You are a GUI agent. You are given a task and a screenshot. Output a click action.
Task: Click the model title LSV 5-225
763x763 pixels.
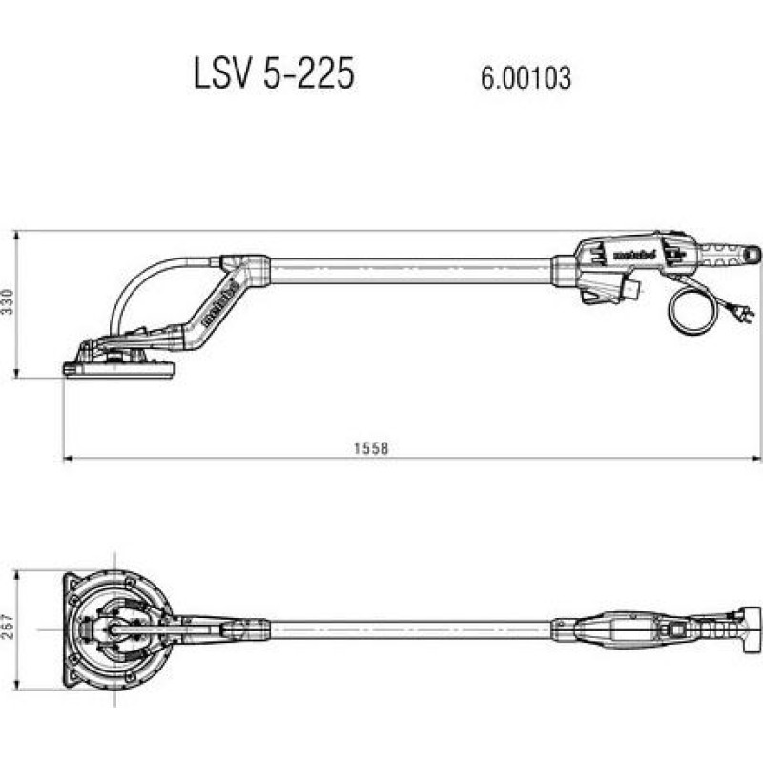coord(275,73)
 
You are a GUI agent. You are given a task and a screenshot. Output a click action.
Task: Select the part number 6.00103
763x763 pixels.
coord(526,78)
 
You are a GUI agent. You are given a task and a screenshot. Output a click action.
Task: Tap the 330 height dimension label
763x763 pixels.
coord(8,301)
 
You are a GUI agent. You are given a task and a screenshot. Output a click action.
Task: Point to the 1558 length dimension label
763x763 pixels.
coord(371,448)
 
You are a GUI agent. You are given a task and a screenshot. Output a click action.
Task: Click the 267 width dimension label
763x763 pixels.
coord(8,627)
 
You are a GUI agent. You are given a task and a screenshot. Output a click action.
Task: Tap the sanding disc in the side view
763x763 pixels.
coord(119,370)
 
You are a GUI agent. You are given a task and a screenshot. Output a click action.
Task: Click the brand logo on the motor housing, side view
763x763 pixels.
coord(634,254)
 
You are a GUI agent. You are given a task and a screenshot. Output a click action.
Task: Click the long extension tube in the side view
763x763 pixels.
coord(410,271)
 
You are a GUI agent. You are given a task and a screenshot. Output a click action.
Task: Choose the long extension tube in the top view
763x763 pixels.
coord(410,629)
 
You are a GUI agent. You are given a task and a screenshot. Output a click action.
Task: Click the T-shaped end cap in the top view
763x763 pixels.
coord(749,629)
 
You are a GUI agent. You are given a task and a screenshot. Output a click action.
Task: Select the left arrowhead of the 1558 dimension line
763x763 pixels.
coord(68,458)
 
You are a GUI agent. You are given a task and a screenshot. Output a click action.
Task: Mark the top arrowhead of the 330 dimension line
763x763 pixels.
coord(17,235)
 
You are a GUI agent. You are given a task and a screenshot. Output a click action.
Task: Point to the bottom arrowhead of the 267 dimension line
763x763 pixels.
coord(17,685)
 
